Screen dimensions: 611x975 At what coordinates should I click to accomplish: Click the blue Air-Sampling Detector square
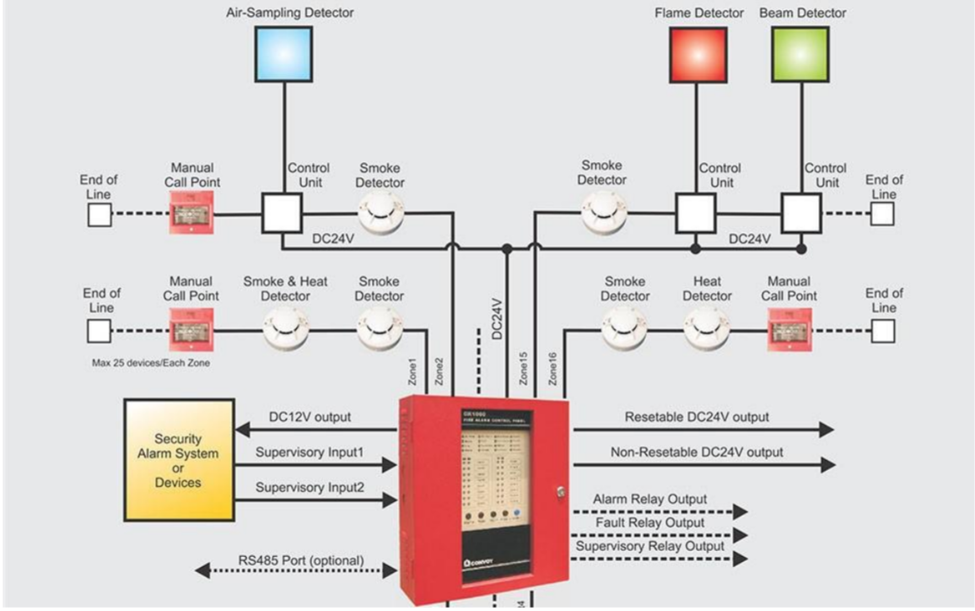283,54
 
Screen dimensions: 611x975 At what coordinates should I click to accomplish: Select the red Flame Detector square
698,54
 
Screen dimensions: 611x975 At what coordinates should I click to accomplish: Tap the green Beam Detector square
800,54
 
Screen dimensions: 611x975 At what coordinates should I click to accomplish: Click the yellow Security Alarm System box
178,461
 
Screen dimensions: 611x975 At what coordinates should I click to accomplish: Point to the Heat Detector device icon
707,327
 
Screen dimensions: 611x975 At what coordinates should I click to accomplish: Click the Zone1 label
413,372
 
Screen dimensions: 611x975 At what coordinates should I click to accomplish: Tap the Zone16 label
553,369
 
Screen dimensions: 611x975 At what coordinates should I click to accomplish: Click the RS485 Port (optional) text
299,560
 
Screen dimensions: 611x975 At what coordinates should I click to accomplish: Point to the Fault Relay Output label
650,523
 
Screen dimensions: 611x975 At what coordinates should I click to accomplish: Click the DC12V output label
310,417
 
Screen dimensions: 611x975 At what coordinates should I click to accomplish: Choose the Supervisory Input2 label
310,488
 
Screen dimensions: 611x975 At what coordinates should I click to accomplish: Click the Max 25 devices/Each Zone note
150,363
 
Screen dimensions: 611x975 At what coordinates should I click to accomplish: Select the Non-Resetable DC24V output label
697,452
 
